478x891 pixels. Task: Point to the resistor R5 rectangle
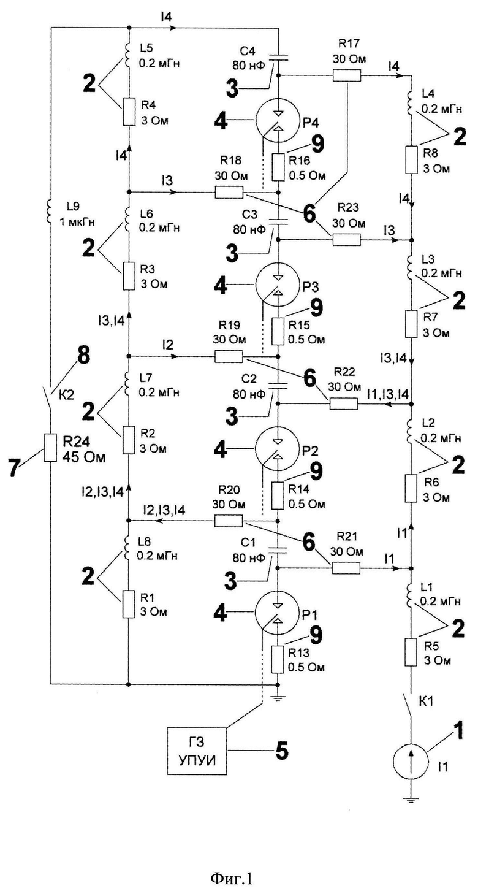(x=411, y=652)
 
